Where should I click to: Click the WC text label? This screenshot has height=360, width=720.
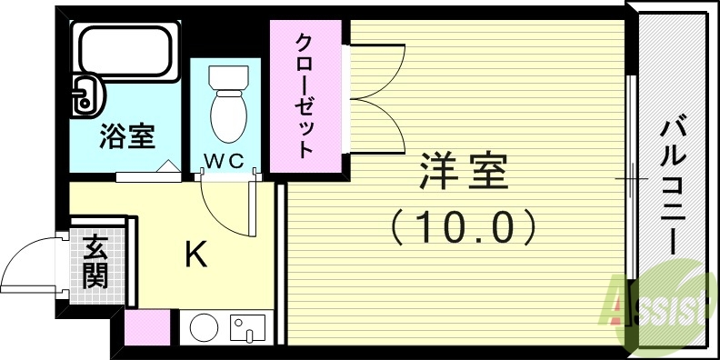coord(223,162)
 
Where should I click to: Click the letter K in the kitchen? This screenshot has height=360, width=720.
coord(195,255)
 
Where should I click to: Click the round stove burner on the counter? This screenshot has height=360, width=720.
coord(204,327)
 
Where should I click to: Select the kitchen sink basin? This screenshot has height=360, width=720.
coord(245,326)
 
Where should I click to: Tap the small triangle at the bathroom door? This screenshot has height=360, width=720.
coord(168,167)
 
